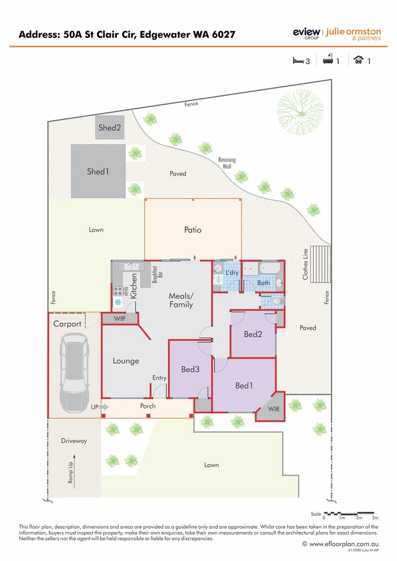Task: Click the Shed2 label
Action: [x=110, y=128]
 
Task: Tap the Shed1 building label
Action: [x=98, y=171]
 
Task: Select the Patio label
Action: [x=193, y=230]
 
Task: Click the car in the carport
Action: [x=73, y=372]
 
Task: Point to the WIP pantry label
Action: [x=120, y=319]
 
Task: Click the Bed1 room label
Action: [x=244, y=385]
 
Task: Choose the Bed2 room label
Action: [x=253, y=334]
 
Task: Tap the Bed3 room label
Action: [x=190, y=369]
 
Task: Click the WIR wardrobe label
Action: [x=273, y=409]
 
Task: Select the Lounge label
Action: [x=126, y=360]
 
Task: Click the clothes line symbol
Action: [x=320, y=263]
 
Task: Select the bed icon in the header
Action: [x=298, y=61]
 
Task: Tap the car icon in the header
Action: [x=358, y=60]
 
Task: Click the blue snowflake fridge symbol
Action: [x=118, y=302]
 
